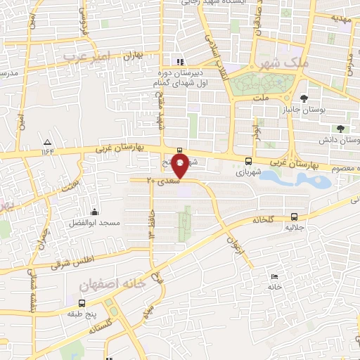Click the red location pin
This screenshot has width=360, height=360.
click(x=181, y=166)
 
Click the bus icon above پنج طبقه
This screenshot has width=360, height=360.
click(x=83, y=303)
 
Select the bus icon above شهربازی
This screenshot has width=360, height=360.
click(x=248, y=160)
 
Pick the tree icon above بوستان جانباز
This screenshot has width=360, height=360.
click(x=304, y=98)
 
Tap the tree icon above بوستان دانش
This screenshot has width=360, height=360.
click(x=340, y=129)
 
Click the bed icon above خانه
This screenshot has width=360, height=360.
click(x=274, y=276)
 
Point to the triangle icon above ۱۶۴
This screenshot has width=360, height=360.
click(x=47, y=141)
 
